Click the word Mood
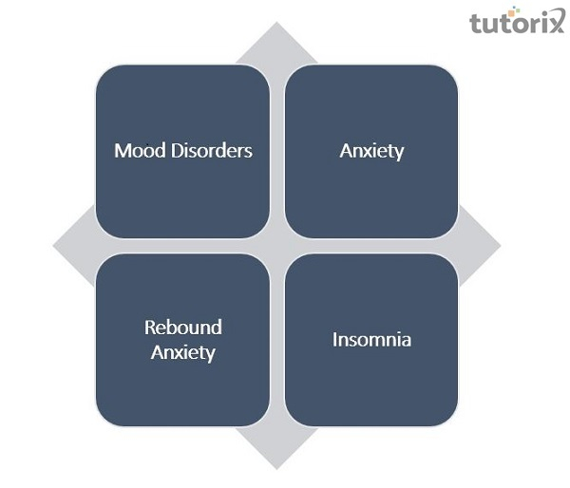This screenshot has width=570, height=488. click(x=135, y=151)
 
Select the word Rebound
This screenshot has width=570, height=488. click(x=183, y=328)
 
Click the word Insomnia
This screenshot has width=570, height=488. click(x=371, y=339)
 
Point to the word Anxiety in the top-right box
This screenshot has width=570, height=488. click(x=371, y=151)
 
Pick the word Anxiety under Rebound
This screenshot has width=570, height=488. click(x=183, y=353)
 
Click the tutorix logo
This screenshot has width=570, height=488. click(x=516, y=21)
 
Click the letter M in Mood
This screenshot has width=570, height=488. click(x=122, y=151)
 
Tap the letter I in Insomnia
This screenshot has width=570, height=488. click(x=335, y=339)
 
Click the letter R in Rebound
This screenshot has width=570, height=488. click(x=150, y=328)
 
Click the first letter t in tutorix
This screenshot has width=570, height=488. click(x=474, y=22)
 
